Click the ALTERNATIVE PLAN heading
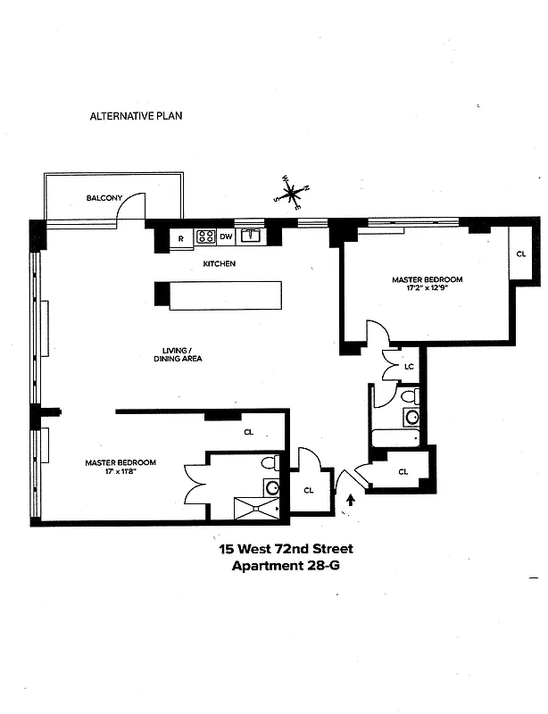pyautogui.click(x=137, y=116)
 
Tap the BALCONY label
pyautogui.click(x=104, y=198)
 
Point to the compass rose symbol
pyautogui.click(x=291, y=192)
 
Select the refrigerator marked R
pyautogui.click(x=180, y=237)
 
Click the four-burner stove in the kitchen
pyautogui.click(x=205, y=237)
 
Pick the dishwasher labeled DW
pyautogui.click(x=227, y=237)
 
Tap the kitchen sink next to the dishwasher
pyautogui.click(x=251, y=237)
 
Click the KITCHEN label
pyautogui.click(x=219, y=264)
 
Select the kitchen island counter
pyautogui.click(x=225, y=296)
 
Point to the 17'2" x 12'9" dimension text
pyautogui.click(x=428, y=289)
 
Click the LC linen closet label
pyautogui.click(x=409, y=366)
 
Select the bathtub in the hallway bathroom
pyautogui.click(x=393, y=438)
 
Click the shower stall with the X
pyautogui.click(x=257, y=509)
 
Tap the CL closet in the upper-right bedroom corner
pyautogui.click(x=521, y=254)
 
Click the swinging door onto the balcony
pyautogui.click(x=133, y=207)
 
